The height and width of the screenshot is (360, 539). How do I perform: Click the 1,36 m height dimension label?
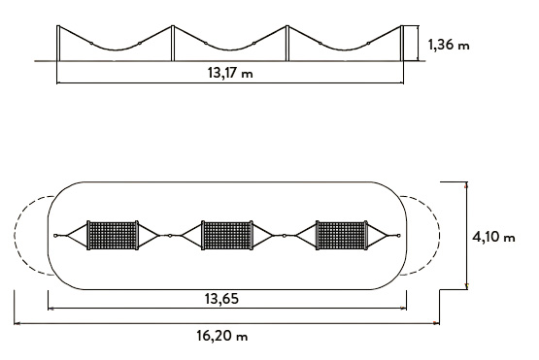click(449, 45)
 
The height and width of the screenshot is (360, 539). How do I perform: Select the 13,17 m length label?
click(230, 73)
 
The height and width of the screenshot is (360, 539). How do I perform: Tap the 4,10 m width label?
click(493, 237)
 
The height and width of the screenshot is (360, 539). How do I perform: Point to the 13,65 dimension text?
click(221, 299)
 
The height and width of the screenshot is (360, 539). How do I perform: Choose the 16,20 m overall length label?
click(222, 336)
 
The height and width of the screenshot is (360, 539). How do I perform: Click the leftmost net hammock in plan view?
click(113, 235)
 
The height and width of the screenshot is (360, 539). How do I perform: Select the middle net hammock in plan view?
click(227, 235)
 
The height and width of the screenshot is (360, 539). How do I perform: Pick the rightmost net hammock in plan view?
click(342, 235)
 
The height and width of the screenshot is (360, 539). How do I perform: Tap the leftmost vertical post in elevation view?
click(58, 44)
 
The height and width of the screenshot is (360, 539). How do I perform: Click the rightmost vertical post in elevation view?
click(402, 44)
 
